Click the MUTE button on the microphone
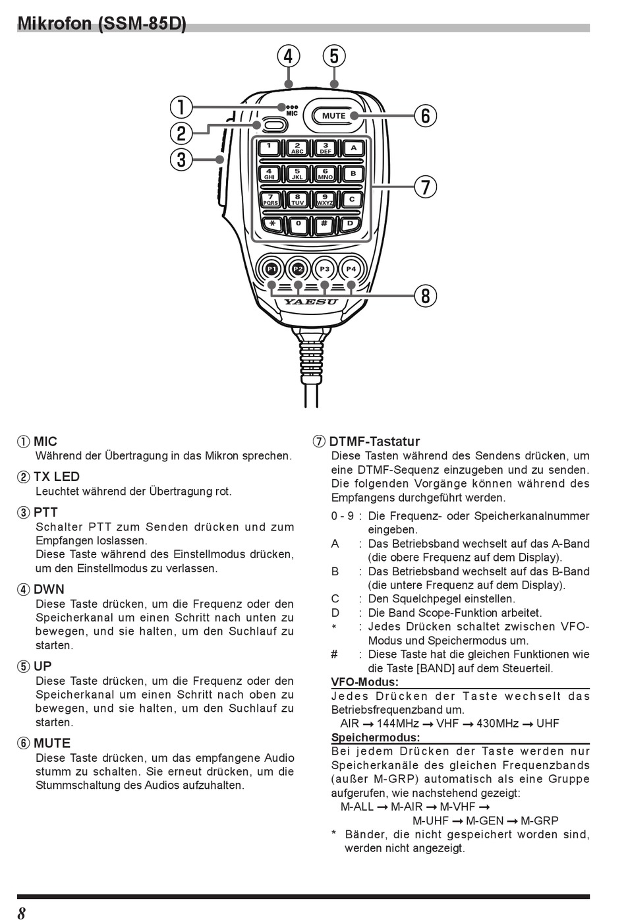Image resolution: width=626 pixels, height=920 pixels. (333, 116)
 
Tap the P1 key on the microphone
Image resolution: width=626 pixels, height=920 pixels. (271, 269)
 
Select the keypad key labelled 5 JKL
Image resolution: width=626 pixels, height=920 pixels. (297, 174)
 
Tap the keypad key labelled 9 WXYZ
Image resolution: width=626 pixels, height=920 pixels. (325, 199)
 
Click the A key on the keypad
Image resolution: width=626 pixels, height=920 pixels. (353, 148)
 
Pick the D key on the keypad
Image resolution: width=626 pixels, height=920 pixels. (351, 224)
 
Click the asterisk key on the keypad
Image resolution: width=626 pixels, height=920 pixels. (271, 224)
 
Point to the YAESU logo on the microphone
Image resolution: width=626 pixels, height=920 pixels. (310, 302)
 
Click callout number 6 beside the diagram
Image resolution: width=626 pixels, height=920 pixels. (426, 116)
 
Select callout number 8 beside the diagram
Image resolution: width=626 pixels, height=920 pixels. (426, 296)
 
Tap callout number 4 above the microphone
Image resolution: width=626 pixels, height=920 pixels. (288, 57)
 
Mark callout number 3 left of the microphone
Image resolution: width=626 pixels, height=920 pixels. (181, 159)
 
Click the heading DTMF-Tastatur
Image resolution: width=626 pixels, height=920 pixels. (374, 442)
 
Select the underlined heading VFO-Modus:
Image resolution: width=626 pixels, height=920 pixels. (364, 682)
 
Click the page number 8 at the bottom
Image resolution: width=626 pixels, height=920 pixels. (22, 913)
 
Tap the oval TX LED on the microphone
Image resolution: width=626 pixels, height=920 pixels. (275, 125)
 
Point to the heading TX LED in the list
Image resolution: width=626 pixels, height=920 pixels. (57, 476)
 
